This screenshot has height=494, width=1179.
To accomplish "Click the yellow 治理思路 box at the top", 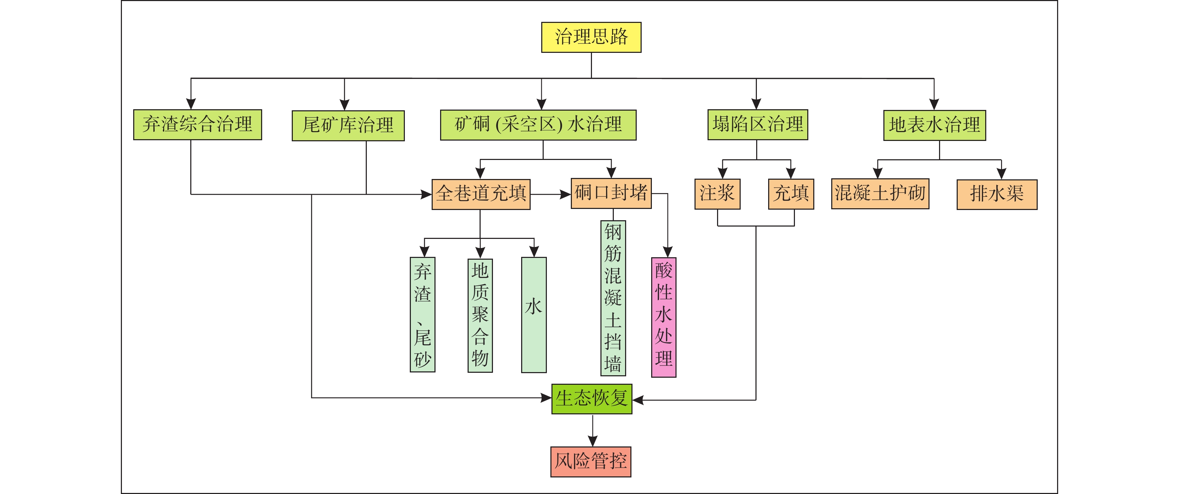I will coord(591,37).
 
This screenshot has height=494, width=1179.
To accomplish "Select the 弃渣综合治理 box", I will coord(197,124).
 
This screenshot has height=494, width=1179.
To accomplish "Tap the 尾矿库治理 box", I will coord(348,125).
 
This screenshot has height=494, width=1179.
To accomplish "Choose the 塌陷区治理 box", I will coord(758,124).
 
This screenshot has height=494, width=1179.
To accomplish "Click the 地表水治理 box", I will coord(934,125).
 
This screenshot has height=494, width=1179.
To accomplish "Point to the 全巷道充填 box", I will coord(481,194).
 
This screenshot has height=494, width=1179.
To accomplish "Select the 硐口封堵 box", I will coord(611,193).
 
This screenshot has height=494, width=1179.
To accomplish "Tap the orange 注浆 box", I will coord(717,194).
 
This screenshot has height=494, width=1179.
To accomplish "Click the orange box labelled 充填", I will coord(791,194).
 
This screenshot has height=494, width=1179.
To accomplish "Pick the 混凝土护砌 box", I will coord(880,194).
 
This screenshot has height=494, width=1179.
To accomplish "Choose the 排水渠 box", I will coord(997,194).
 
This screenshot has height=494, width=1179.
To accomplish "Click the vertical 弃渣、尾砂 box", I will coord(422,315).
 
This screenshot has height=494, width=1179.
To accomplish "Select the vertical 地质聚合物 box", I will coord(480,315).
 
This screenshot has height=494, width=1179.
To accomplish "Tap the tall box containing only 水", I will coord(534,315).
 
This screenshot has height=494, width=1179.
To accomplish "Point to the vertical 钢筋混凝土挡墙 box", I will coord(613,298).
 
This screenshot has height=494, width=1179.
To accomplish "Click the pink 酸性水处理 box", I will coord(663,317).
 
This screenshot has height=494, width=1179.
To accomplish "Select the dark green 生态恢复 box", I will coord(591,399).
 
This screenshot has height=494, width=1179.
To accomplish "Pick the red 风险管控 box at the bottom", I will coord(591,462).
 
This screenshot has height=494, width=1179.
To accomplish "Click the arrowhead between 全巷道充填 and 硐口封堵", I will coord(566,194).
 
